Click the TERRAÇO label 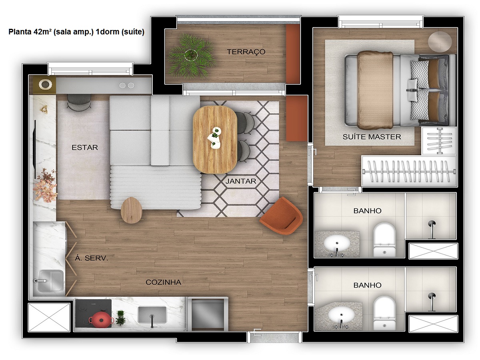pos(246,52)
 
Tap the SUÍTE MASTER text pos(372,137)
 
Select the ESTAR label pos(85,147)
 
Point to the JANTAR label pos(240,181)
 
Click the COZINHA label pos(163,282)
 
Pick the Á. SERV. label pos(92,258)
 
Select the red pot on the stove pos(101,319)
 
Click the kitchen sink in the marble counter pos(152,315)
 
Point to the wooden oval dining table pos(215,139)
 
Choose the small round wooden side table pos(131,210)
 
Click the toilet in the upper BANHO pos(384,239)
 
